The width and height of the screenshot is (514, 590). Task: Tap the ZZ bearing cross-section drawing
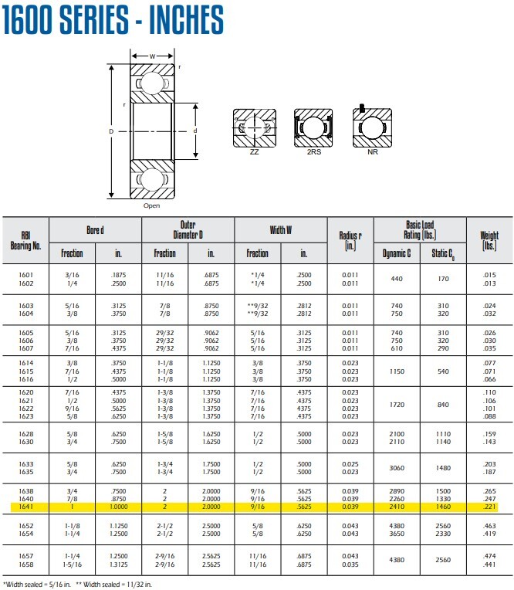tap(255, 128)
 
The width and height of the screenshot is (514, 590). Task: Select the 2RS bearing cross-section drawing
tap(313, 128)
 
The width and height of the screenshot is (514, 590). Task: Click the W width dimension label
tap(152, 56)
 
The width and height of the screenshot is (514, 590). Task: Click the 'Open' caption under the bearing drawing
tap(151, 205)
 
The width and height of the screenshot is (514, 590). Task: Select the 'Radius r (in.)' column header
tap(350, 240)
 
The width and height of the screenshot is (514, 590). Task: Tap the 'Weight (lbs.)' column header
tap(489, 240)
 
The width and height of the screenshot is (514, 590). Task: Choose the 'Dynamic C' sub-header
tap(397, 253)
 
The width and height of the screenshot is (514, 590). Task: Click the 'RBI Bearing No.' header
tap(25, 241)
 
